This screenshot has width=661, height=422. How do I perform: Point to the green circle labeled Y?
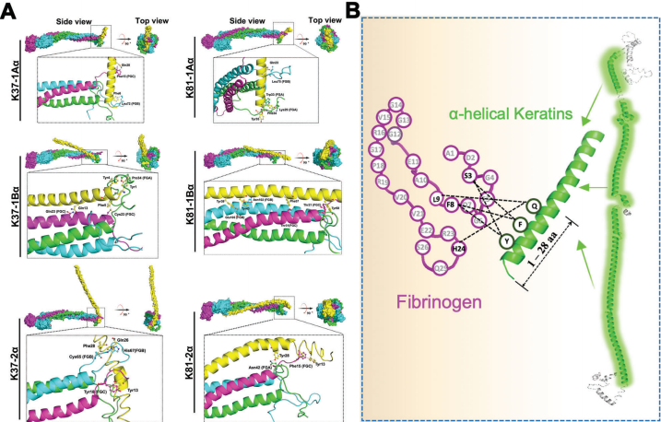(506, 242)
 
